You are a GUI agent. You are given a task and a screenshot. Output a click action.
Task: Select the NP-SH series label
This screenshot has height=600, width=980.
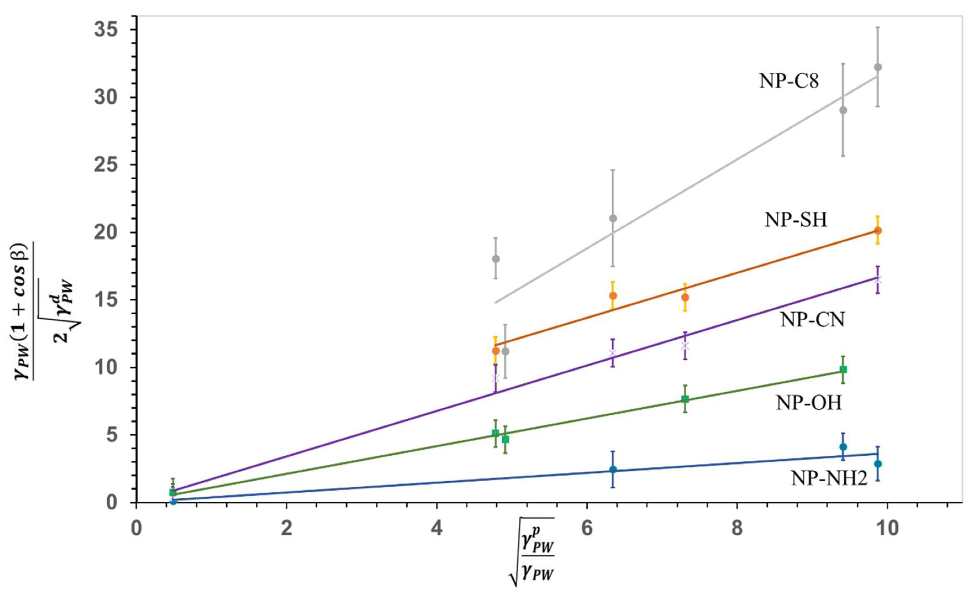click(796, 220)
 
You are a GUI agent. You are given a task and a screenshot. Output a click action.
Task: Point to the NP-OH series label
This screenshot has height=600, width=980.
click(809, 403)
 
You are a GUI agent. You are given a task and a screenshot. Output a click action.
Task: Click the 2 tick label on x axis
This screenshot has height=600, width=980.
click(286, 529)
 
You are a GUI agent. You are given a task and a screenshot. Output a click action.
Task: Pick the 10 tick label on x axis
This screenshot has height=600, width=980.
click(887, 529)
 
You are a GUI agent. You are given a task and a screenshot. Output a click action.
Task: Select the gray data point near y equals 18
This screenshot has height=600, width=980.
click(496, 259)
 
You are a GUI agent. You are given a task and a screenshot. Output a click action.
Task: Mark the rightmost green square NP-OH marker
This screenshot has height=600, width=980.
click(843, 370)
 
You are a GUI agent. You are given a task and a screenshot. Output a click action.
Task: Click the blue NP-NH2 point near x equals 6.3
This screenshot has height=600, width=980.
click(613, 470)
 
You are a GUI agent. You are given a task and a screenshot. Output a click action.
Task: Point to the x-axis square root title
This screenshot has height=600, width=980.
click(532, 551)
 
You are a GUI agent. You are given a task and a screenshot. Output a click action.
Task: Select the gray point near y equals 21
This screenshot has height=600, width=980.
click(613, 218)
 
